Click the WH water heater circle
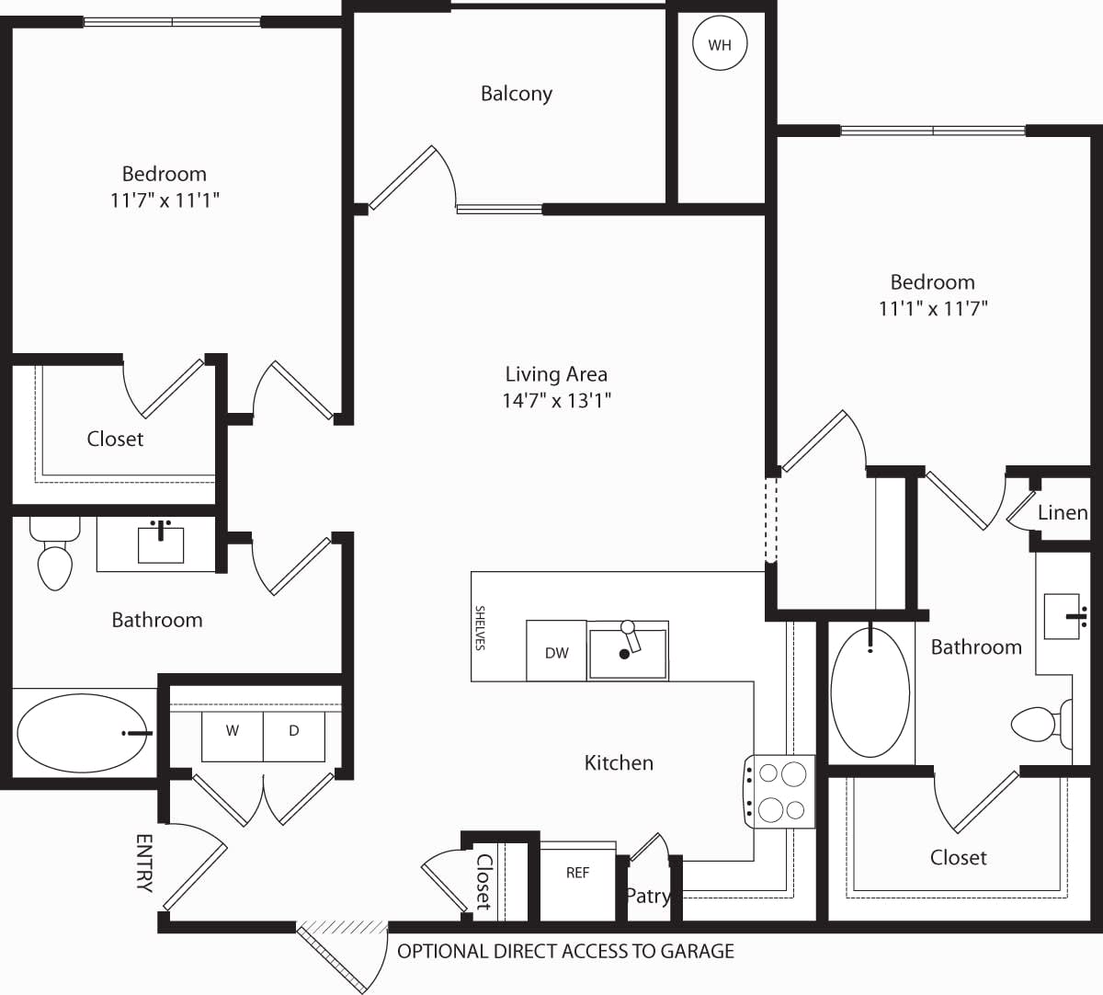point(720,44)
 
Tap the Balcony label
point(516,93)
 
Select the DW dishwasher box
point(556,652)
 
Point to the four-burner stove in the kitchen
point(780,791)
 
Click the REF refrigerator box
point(577,873)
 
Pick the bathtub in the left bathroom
point(83,733)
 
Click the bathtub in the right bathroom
point(870,692)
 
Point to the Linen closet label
point(1062,512)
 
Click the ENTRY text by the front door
point(144,863)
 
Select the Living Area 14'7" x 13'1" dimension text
point(556,400)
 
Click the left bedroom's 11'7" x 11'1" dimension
point(165,200)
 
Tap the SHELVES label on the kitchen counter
point(480,627)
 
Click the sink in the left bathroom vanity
point(161,543)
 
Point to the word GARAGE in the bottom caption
point(698,951)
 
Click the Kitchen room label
point(619,762)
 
